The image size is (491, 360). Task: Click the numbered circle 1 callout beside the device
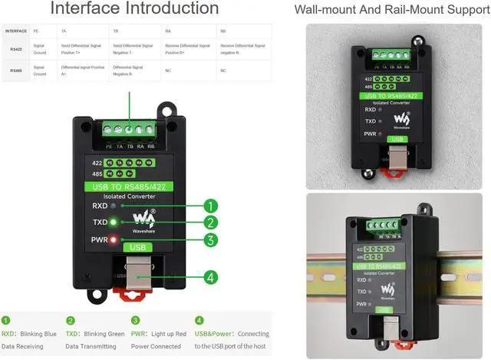pos(211,206)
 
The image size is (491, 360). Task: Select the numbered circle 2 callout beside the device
pos(211,223)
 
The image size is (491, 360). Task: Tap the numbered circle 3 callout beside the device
pos(211,240)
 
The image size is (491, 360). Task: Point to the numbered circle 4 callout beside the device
pos(211,278)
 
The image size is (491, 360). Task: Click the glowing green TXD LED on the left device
pos(114,223)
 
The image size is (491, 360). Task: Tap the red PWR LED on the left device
pos(114,240)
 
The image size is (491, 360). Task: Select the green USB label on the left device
pos(137,247)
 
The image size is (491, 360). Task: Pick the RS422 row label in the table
pos(15,49)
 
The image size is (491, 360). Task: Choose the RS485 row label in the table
pos(15,71)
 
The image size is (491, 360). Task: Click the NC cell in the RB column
pos(223,71)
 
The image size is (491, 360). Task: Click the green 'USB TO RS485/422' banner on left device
pos(129,185)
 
